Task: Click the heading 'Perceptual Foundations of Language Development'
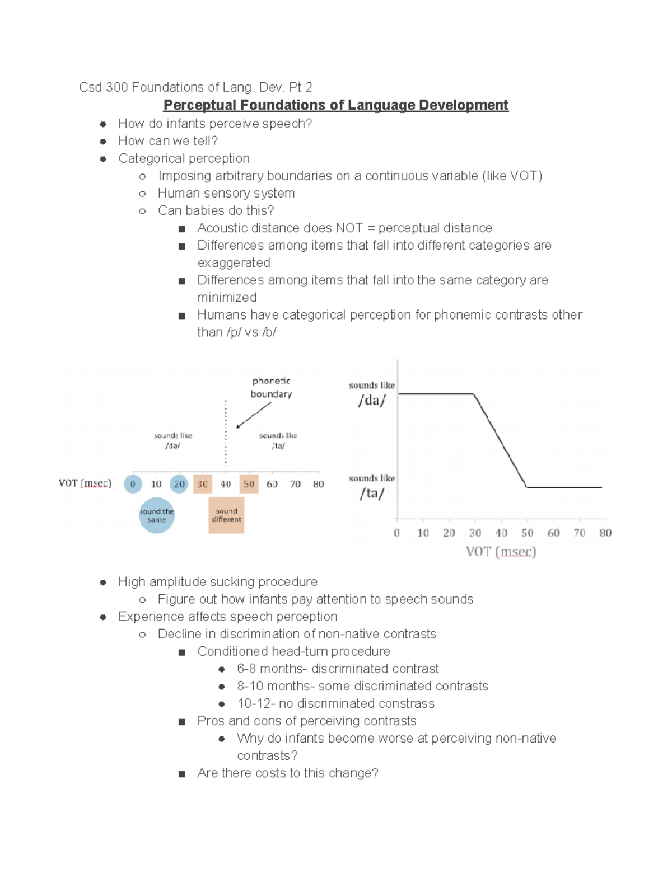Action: pyautogui.click(x=335, y=105)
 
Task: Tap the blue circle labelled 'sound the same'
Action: pyautogui.click(x=157, y=515)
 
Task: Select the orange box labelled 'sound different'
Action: pyautogui.click(x=226, y=515)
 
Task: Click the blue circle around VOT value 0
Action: pyautogui.click(x=133, y=484)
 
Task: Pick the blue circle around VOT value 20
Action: pyautogui.click(x=179, y=484)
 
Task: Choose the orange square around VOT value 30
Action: pyautogui.click(x=203, y=484)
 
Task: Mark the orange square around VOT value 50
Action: pyautogui.click(x=249, y=484)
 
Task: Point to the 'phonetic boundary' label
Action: pyautogui.click(x=271, y=387)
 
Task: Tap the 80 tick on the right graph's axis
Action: pyautogui.click(x=605, y=533)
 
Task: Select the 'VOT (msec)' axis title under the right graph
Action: pyautogui.click(x=501, y=552)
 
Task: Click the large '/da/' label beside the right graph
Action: pyautogui.click(x=372, y=401)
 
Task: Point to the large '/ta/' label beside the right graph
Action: pyautogui.click(x=372, y=494)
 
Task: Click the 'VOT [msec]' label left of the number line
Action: pyautogui.click(x=85, y=483)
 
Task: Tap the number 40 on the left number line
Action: pyautogui.click(x=226, y=484)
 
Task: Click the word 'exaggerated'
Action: pyautogui.click(x=234, y=263)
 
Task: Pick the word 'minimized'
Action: pyautogui.click(x=227, y=298)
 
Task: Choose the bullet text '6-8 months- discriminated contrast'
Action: pyautogui.click(x=338, y=669)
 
